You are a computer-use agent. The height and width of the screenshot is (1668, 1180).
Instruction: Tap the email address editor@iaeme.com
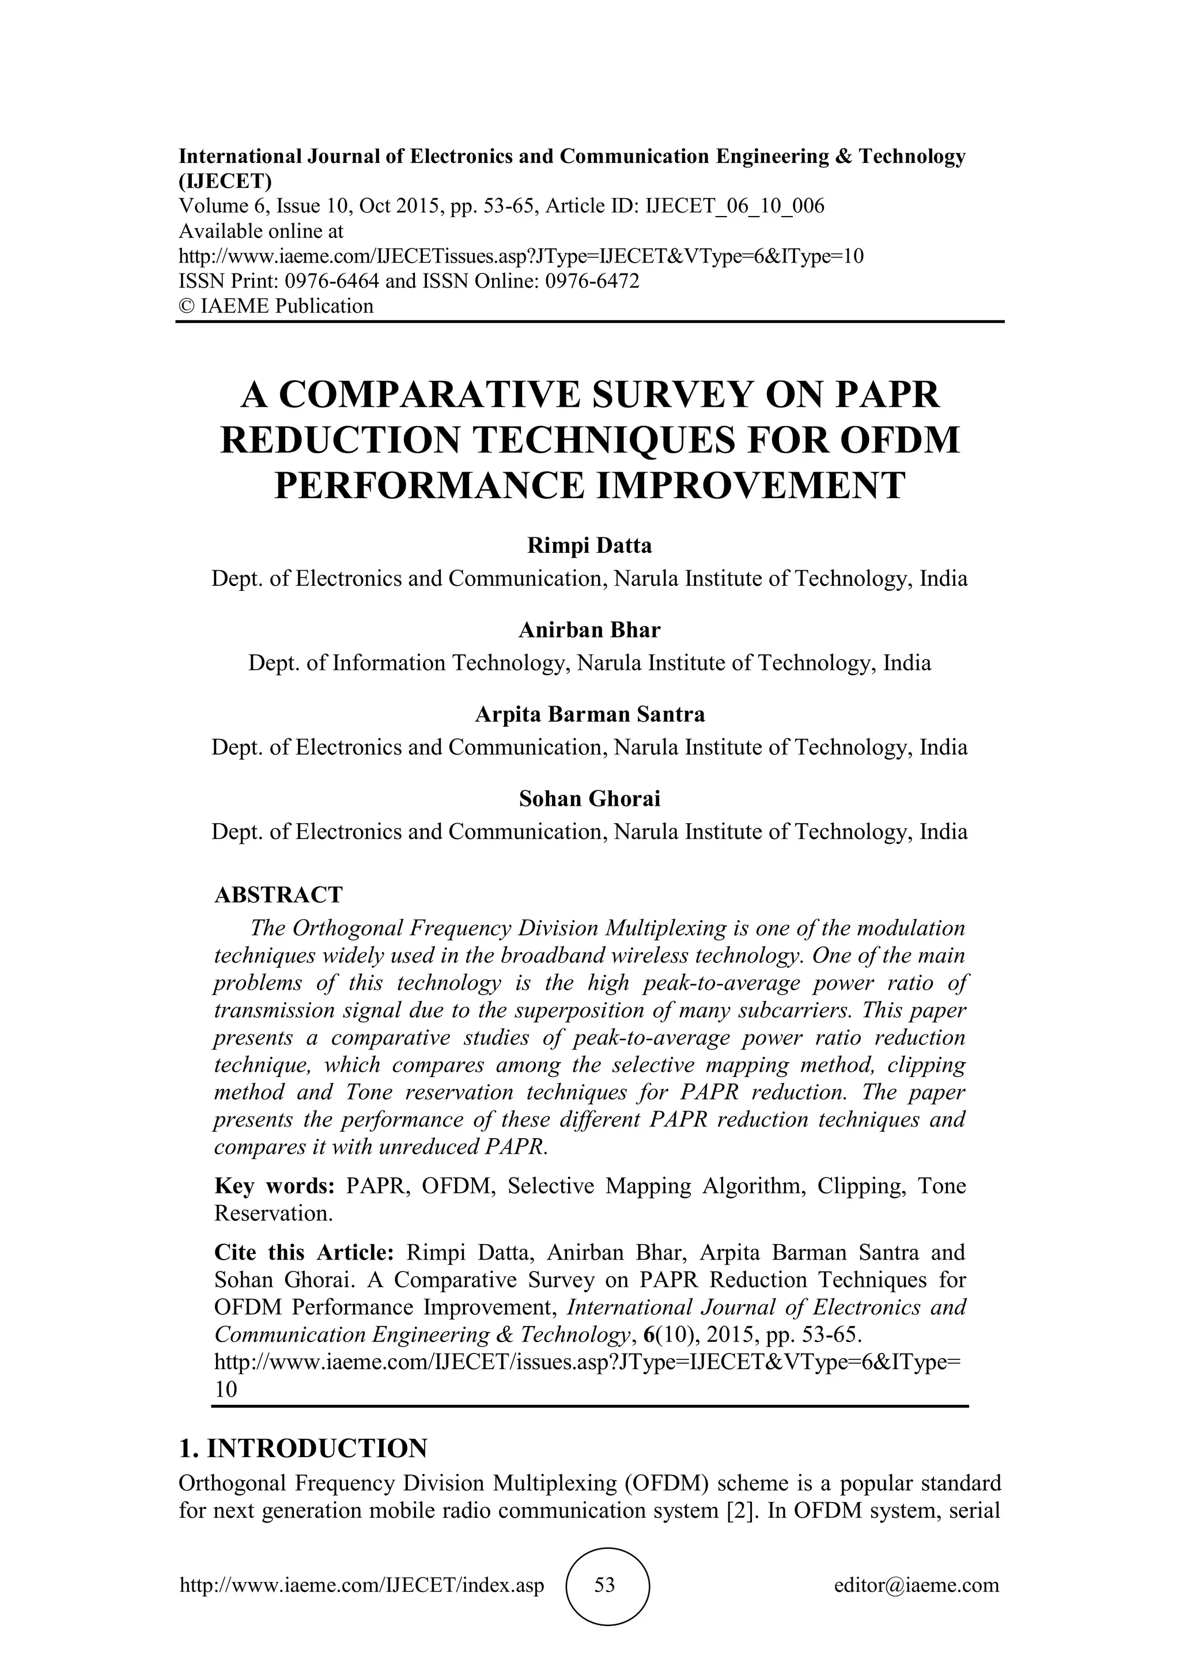click(x=916, y=1584)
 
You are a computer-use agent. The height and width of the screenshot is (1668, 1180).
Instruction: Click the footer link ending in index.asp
click(x=362, y=1584)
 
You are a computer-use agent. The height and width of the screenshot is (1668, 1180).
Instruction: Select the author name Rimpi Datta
click(x=589, y=545)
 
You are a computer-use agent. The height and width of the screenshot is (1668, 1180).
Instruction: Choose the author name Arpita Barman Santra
click(x=589, y=714)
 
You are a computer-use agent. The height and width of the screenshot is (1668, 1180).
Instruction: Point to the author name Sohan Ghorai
click(x=589, y=798)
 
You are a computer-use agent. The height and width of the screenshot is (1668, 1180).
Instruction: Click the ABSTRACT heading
click(x=278, y=894)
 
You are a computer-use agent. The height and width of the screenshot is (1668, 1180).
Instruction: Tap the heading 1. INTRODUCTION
click(x=303, y=1448)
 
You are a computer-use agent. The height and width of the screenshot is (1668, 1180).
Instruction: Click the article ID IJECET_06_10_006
click(x=735, y=206)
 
